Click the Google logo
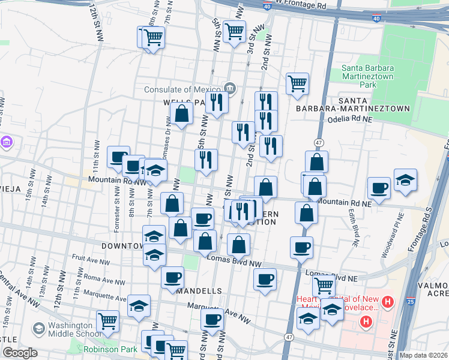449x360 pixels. (20, 353)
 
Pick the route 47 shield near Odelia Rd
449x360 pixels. (318, 142)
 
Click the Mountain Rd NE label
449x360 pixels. (343, 203)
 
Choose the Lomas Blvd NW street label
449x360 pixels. (234, 263)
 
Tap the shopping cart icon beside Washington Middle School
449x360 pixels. (108, 321)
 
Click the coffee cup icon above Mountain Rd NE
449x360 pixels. (379, 188)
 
